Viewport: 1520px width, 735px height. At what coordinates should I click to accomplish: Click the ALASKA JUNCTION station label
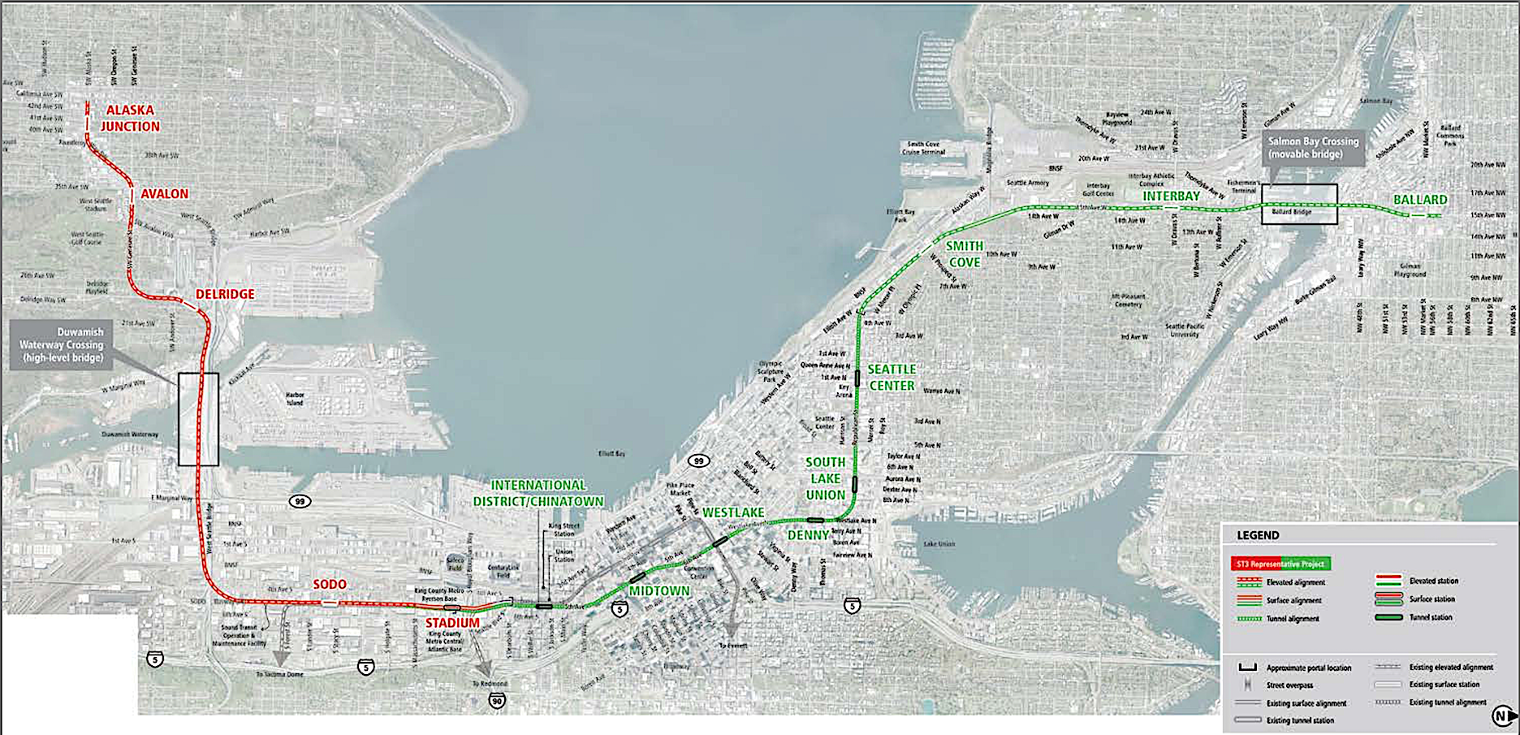point(130,118)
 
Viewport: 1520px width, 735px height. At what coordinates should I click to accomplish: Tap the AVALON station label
point(164,194)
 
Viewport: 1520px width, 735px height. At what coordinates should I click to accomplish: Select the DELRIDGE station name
point(225,294)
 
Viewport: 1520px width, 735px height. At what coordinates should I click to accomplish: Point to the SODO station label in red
point(330,585)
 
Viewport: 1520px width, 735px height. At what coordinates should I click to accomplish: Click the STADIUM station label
point(452,623)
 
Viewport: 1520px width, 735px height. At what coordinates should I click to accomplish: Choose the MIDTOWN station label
point(659,591)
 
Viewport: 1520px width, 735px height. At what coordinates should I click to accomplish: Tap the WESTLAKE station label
point(733,512)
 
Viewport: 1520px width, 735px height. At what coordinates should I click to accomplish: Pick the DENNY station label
point(808,535)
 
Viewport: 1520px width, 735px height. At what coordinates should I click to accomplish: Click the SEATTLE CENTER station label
point(892,378)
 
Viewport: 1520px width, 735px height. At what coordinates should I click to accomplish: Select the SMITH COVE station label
point(965,254)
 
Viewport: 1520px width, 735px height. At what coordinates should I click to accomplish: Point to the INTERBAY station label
point(1171,197)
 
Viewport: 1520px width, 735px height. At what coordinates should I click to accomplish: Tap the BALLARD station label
point(1420,200)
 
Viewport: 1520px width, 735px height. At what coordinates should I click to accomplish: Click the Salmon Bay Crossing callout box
point(1313,148)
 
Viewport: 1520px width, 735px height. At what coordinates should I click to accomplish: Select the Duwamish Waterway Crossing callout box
point(62,344)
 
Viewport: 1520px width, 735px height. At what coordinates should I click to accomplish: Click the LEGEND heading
point(1258,535)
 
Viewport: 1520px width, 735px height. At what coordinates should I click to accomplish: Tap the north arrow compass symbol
point(1502,716)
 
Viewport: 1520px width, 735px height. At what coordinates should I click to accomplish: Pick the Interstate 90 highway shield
point(497,700)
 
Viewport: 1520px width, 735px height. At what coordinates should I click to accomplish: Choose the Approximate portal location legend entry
point(1308,668)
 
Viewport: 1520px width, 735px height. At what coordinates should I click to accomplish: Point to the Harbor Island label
point(295,399)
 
